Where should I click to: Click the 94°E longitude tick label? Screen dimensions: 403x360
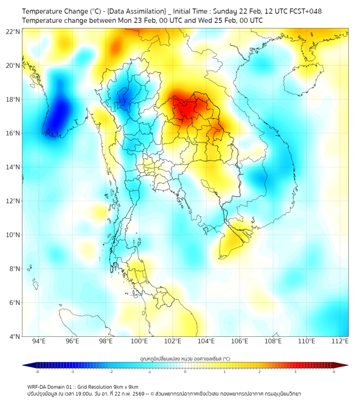point(39,342)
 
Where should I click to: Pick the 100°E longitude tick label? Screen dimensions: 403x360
point(140,342)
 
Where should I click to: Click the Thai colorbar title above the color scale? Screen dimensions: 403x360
point(185,359)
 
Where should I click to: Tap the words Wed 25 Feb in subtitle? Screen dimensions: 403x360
point(214,20)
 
